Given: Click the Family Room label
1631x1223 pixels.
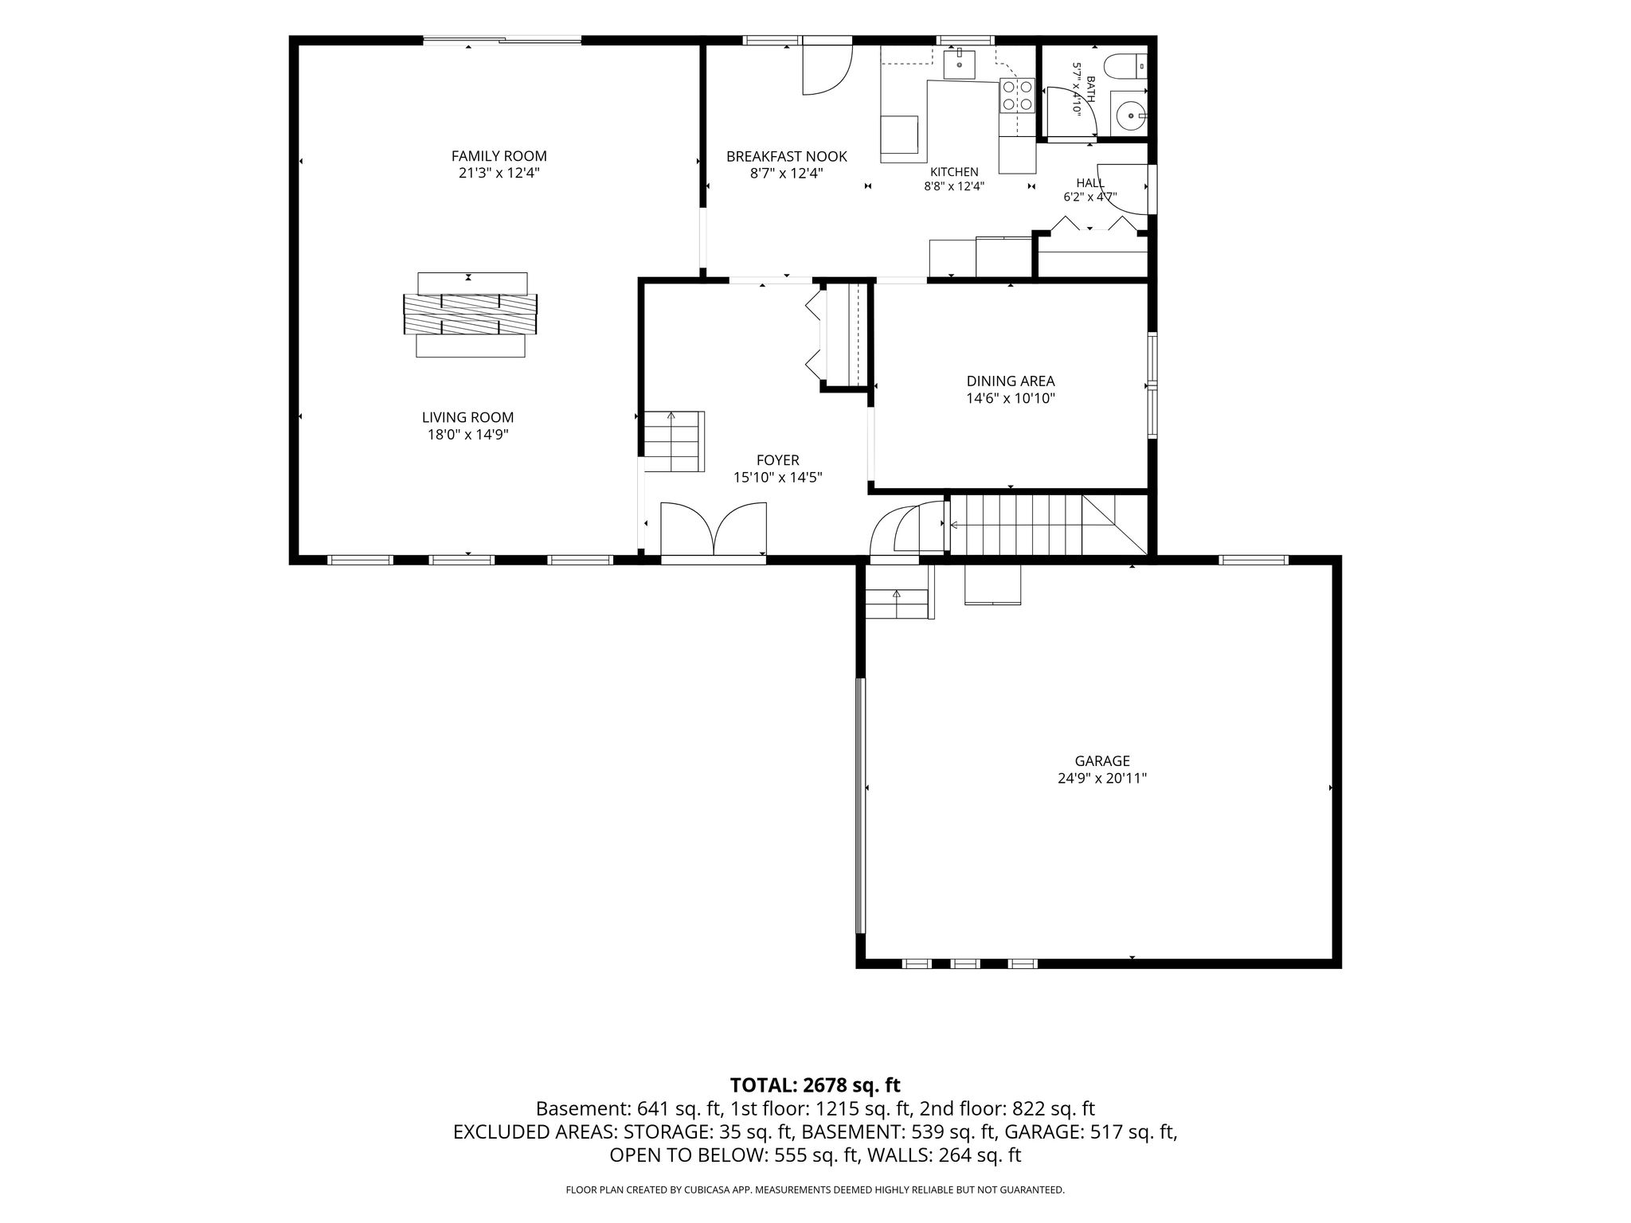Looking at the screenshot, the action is (x=499, y=156).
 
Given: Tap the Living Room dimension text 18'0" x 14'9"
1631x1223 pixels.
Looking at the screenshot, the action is (x=467, y=435).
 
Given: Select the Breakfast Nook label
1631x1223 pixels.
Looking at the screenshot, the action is (x=786, y=157).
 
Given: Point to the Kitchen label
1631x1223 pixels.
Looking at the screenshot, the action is (x=954, y=171).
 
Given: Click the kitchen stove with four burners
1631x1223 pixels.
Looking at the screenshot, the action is (x=1017, y=96).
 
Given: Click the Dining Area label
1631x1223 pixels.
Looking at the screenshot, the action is (x=1011, y=381).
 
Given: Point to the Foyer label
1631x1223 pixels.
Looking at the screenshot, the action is (x=777, y=460).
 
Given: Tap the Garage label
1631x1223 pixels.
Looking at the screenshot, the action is (x=1102, y=761).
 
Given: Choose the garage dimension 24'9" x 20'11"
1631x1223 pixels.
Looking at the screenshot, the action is (x=1102, y=779).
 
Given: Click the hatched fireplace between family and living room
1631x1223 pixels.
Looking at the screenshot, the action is (x=470, y=315).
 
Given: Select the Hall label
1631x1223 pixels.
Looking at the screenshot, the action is (x=1090, y=183).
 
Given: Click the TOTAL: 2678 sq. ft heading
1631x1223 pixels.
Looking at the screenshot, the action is (x=815, y=1084).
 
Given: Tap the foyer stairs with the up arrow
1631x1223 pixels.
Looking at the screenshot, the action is (x=674, y=441).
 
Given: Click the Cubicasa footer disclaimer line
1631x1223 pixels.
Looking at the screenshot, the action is (x=815, y=1190).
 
